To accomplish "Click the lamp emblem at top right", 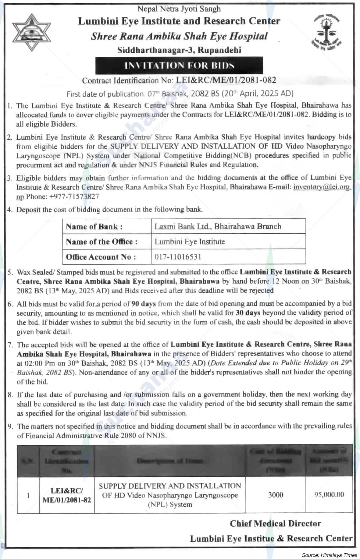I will click(327, 33).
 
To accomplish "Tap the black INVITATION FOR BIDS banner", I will click(179, 65).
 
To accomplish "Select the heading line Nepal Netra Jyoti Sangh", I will click(179, 9).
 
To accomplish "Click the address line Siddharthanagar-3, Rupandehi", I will click(179, 50).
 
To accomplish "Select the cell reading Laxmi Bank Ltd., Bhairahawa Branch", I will click(218, 227).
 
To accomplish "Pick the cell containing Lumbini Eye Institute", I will click(190, 242).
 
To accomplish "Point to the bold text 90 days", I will click(144, 303).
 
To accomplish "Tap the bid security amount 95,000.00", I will click(329, 495).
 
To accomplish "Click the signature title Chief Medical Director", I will click(275, 524).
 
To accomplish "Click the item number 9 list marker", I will click(10, 426).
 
